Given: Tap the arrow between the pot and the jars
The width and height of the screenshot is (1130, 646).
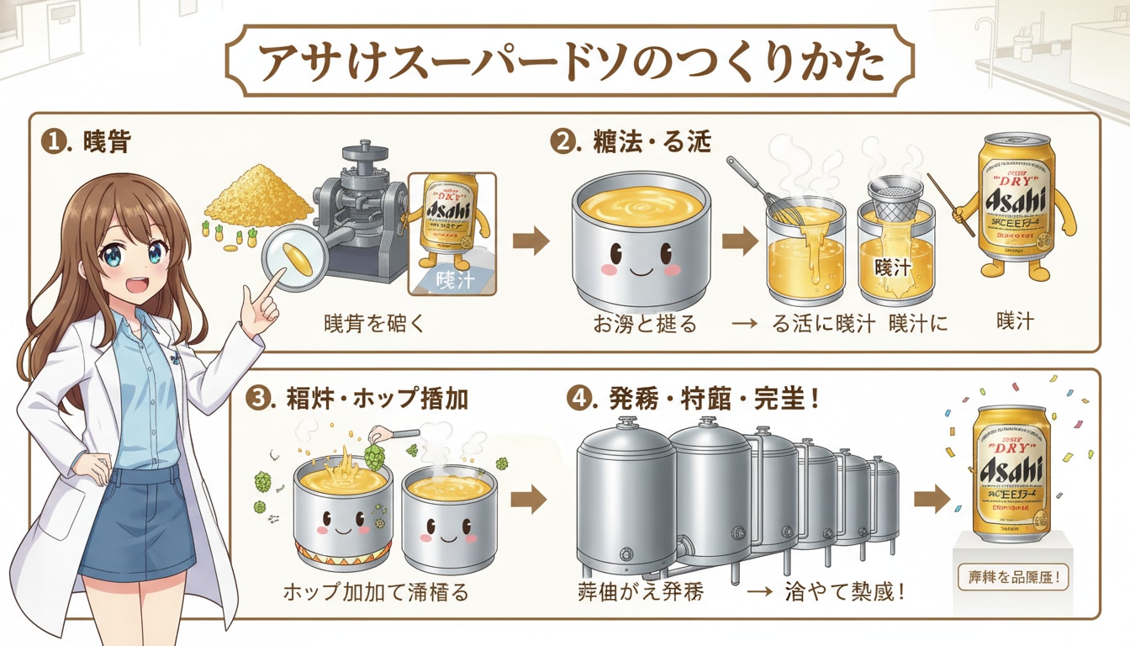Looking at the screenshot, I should [x=738, y=242].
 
